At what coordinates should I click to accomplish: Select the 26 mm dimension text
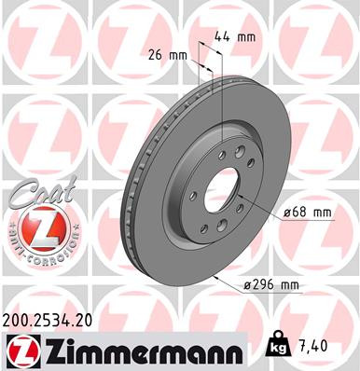(x=169, y=54)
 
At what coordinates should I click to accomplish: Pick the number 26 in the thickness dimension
(x=156, y=54)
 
